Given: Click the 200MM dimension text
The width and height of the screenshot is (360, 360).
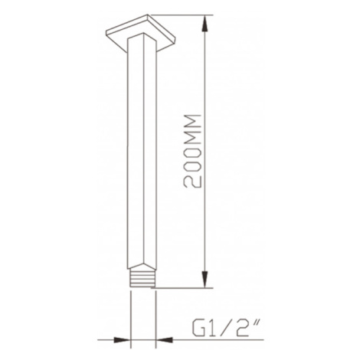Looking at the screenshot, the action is (193, 151).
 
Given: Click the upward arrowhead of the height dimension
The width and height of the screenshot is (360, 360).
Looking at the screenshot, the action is (205, 24).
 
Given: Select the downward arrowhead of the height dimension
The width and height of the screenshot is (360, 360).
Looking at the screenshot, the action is (205, 280).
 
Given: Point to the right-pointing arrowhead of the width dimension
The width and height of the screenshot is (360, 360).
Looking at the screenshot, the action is (122, 340).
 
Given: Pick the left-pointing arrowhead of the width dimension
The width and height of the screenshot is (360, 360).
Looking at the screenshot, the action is (164, 340).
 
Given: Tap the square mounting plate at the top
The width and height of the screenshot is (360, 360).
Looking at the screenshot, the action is (140, 33).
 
